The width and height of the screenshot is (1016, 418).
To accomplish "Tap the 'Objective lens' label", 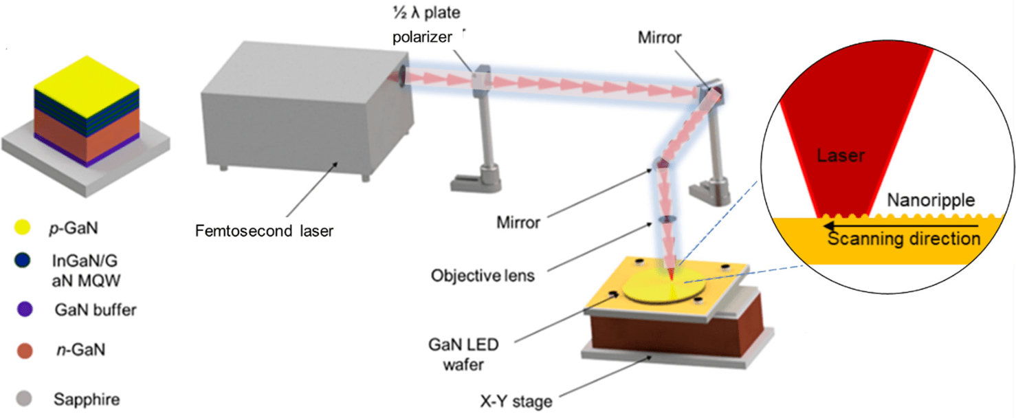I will pyautogui.click(x=483, y=276).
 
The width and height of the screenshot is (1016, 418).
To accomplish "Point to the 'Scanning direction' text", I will pyautogui.click(x=904, y=239).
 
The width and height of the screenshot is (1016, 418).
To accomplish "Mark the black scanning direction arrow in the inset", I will pyautogui.click(x=901, y=224).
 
